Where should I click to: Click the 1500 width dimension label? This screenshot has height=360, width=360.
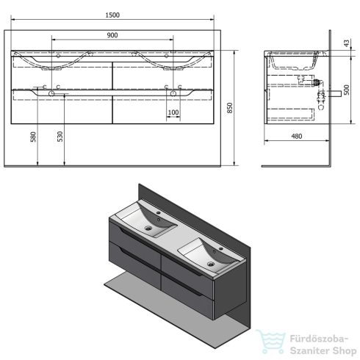[112, 15]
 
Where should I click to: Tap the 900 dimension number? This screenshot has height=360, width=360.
[112, 35]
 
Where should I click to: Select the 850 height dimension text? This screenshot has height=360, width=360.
[230, 108]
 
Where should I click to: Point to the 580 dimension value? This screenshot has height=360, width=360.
[33, 137]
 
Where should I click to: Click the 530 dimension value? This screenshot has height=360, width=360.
[60, 137]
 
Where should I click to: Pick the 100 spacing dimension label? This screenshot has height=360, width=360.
[173, 112]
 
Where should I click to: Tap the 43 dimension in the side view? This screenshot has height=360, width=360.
[347, 43]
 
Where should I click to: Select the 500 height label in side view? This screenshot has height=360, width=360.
[347, 90]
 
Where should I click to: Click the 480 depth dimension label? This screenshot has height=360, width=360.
[297, 136]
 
